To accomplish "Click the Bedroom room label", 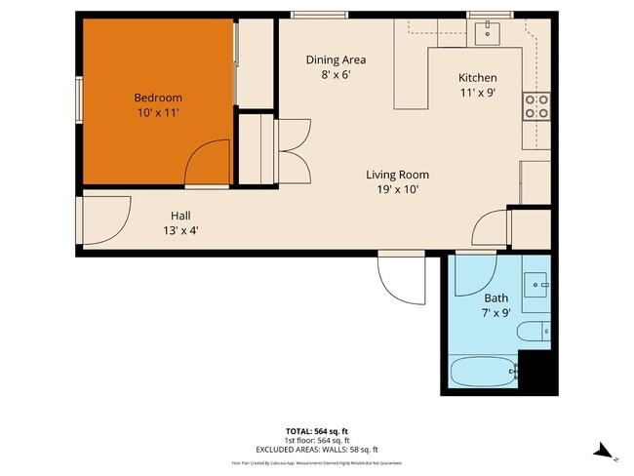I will tap(157, 98).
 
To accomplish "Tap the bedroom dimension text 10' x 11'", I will tap(157, 113).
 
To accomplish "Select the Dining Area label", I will tap(336, 59).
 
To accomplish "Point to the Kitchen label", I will tap(477, 78).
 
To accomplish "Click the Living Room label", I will tap(397, 175).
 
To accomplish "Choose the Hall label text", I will tap(180, 216).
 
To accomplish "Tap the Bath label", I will tap(495, 297).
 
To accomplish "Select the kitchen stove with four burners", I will tap(535, 105).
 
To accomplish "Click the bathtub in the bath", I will tap(484, 372).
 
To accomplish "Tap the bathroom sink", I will tap(535, 285).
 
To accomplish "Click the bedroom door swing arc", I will tap(207, 162).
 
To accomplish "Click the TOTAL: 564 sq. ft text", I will tap(316, 429).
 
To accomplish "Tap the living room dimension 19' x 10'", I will tap(397, 190).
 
